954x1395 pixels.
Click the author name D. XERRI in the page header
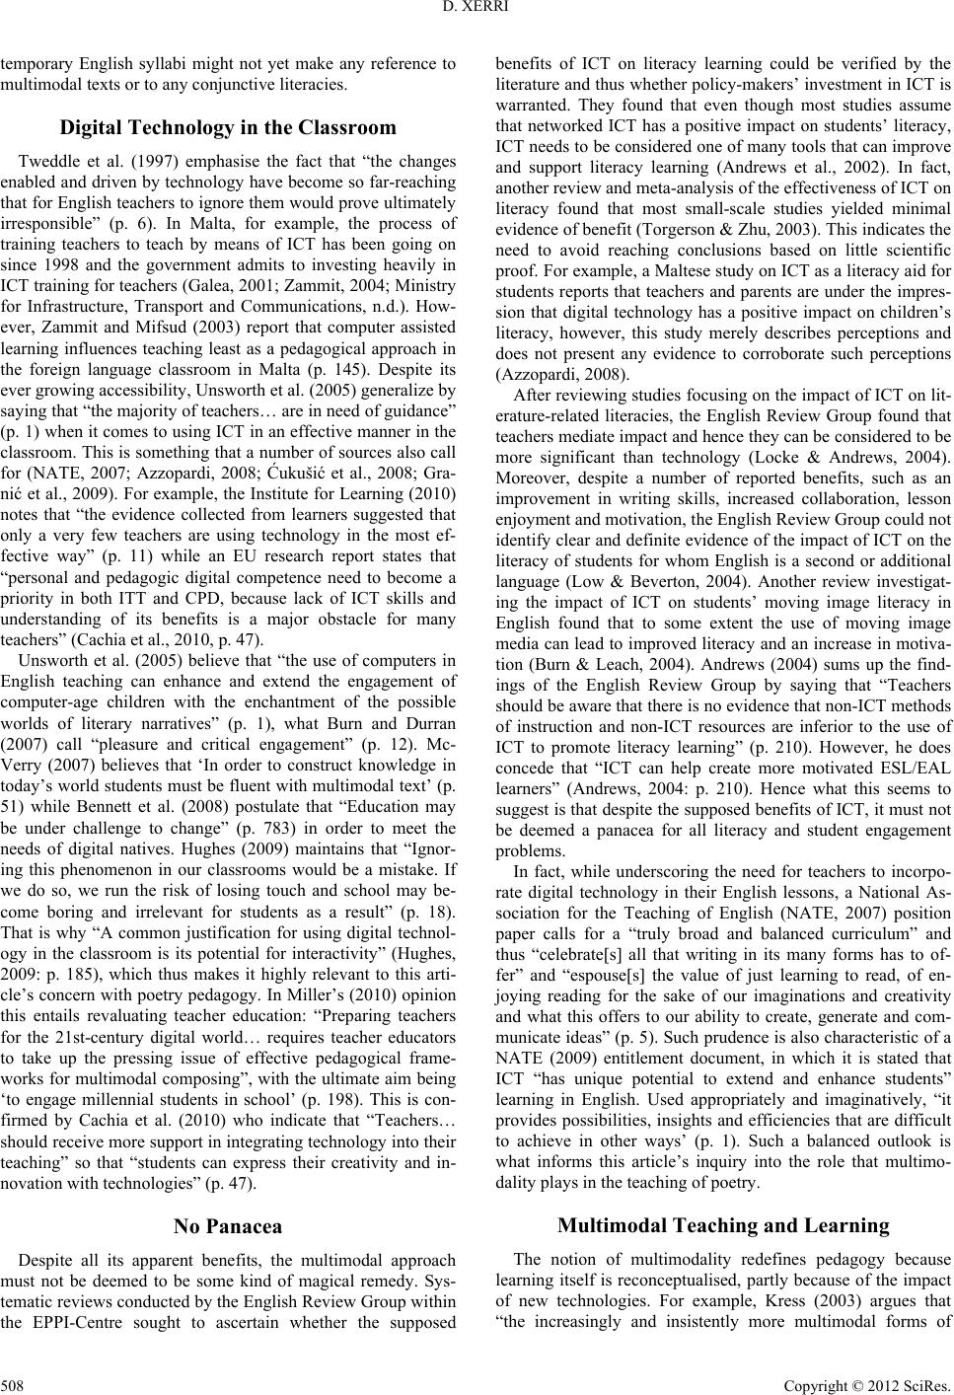click(477, 13)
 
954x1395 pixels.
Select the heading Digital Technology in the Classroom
click(228, 127)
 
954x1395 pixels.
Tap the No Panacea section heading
click(228, 1226)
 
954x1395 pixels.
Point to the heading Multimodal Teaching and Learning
click(723, 1225)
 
